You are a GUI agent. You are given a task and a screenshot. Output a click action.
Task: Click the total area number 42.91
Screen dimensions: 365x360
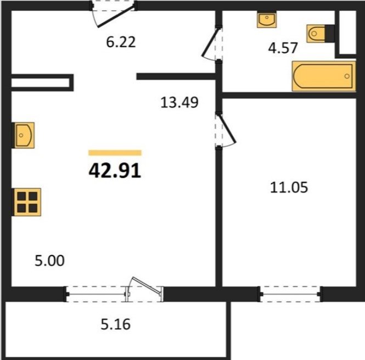115,170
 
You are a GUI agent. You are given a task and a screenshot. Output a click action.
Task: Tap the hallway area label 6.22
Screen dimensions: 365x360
121,42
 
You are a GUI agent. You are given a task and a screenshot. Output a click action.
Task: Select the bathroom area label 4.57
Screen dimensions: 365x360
283,48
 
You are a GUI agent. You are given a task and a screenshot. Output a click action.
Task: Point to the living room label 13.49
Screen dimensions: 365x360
179,102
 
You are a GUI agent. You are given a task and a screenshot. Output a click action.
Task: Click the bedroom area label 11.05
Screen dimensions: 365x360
289,187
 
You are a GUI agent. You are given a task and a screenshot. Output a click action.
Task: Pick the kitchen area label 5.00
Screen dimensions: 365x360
49,261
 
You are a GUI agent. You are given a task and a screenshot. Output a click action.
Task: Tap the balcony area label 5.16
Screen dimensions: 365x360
116,324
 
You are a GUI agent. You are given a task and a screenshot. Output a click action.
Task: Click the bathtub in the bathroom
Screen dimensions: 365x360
324,76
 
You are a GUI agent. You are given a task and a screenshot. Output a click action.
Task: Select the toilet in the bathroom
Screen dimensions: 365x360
316,34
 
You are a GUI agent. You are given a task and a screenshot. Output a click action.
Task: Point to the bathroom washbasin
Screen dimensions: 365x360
267,20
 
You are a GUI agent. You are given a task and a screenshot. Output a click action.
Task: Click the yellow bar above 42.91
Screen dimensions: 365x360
115,153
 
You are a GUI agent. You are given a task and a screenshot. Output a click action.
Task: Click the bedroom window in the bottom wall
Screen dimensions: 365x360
290,294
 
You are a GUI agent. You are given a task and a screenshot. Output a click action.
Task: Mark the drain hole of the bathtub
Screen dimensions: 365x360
347,76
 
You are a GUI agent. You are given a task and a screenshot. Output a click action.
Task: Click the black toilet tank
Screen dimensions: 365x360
330,34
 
